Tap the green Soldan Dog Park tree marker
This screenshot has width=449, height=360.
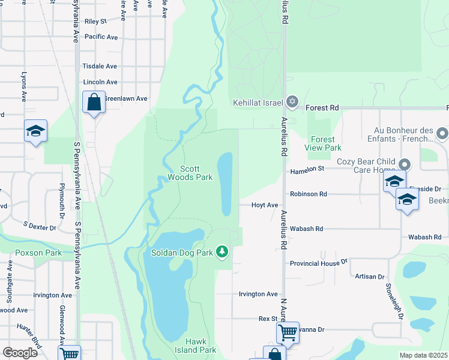(223, 251)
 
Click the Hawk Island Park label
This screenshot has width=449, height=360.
(196, 346)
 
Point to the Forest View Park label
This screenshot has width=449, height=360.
(323, 143)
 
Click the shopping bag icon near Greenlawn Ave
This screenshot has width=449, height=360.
(94, 103)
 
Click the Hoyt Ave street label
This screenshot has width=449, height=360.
(265, 205)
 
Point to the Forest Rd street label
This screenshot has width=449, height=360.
(322, 108)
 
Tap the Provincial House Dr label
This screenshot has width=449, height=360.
(319, 263)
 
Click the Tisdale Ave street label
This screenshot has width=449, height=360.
(100, 66)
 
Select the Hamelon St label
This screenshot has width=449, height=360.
(307, 170)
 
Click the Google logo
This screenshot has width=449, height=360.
(20, 352)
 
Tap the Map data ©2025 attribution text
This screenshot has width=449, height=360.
(424, 355)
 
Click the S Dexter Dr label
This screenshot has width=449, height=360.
(40, 226)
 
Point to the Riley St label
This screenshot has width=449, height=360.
(95, 22)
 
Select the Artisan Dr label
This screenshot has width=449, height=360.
(369, 277)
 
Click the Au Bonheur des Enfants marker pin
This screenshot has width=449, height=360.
(443, 132)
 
